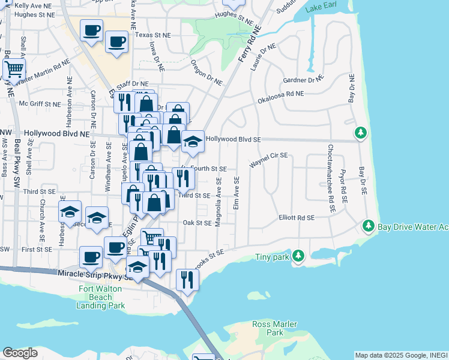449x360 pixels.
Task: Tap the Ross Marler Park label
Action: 274,328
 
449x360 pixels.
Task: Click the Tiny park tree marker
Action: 298,257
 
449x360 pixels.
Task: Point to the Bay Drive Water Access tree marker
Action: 369,226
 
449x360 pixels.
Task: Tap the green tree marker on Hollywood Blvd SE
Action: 360,133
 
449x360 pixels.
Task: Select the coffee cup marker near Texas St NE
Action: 116,42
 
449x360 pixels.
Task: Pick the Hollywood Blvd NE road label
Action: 56,134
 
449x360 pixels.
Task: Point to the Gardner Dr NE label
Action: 303,79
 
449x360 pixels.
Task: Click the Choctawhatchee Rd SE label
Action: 331,179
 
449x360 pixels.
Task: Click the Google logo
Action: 20,353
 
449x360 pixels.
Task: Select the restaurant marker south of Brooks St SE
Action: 187,278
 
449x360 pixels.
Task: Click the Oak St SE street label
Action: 197,223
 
